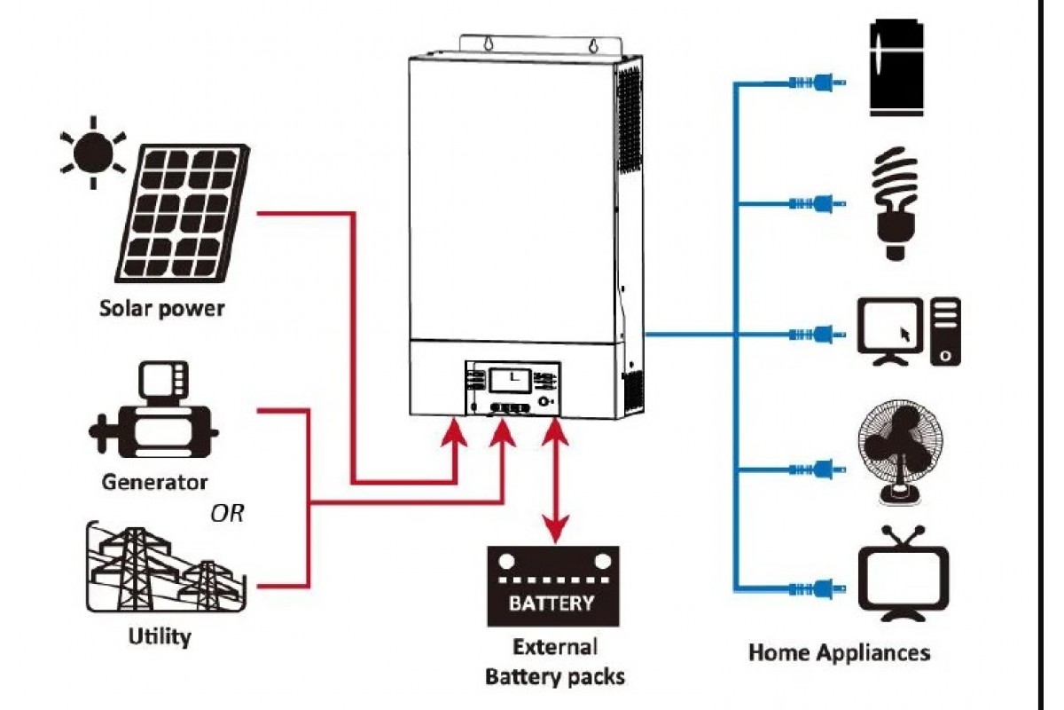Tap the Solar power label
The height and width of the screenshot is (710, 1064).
coord(161,310)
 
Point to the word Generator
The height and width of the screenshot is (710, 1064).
coord(154,483)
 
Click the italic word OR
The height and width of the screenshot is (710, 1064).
coord(228,514)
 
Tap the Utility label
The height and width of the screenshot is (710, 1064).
coord(160,636)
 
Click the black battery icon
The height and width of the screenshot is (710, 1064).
coord(552,586)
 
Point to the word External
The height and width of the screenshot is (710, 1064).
coord(555,646)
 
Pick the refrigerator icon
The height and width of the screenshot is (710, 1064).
coord(896,68)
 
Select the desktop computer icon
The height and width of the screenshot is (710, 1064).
coord(909,333)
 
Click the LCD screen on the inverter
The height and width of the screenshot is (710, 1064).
coord(509,380)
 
